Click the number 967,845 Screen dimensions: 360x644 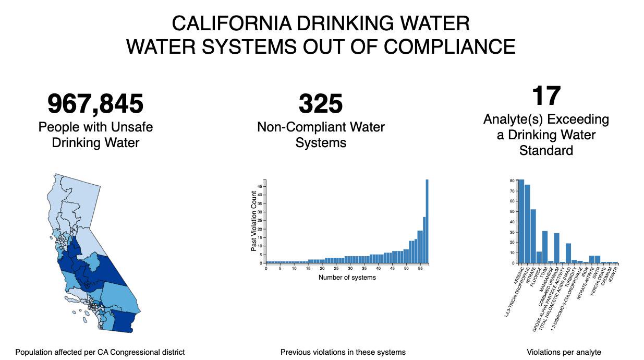point(95,103)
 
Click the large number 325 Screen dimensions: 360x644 point(321,103)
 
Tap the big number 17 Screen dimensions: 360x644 point(546,96)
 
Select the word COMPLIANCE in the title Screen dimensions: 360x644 point(449,46)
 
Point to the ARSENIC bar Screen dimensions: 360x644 point(521,221)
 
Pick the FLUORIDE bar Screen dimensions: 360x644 point(539,257)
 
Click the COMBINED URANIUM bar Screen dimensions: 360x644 point(556,248)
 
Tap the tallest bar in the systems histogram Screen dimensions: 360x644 point(427,221)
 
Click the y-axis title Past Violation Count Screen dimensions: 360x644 point(254,221)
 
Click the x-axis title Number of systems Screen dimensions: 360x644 point(347,277)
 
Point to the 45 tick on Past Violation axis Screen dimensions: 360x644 point(261,186)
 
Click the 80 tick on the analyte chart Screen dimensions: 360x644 point(512,181)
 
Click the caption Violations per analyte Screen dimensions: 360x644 point(564,352)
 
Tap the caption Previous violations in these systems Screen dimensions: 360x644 point(343,352)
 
